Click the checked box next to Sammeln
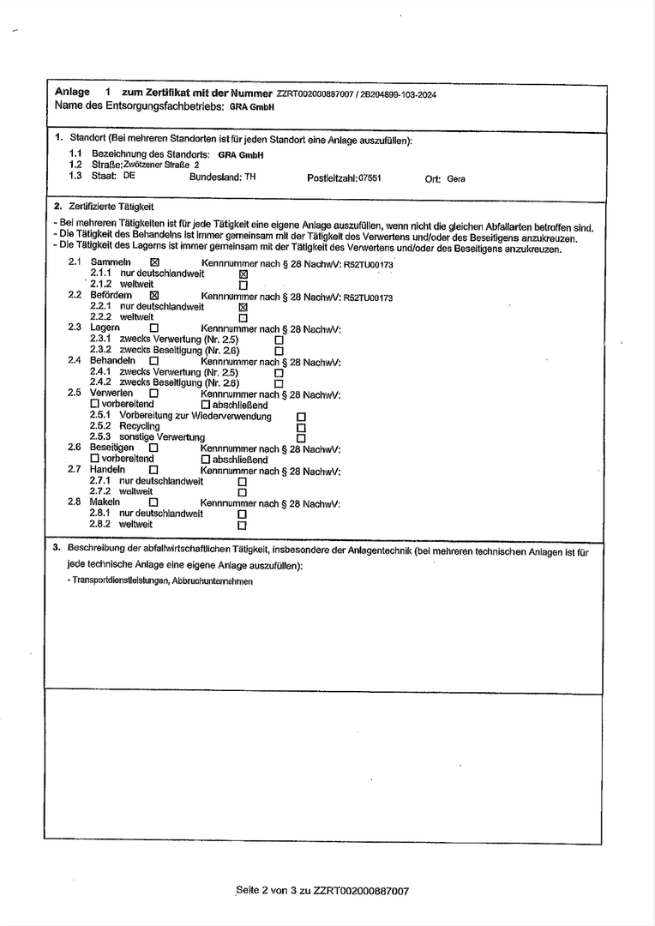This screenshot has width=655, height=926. (154, 262)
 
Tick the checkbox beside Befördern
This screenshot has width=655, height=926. (154, 295)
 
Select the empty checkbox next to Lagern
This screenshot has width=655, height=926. (154, 328)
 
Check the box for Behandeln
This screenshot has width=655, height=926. (154, 361)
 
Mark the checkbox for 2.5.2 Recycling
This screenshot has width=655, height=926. (301, 426)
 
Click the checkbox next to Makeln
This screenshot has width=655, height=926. (154, 502)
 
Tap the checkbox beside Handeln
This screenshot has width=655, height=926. (154, 470)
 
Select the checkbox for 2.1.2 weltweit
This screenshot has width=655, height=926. (243, 285)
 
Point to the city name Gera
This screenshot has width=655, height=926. (456, 179)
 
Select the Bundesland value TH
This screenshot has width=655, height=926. (249, 177)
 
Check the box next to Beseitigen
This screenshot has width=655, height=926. (154, 448)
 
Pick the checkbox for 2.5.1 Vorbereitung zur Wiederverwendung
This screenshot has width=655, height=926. (301, 416)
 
